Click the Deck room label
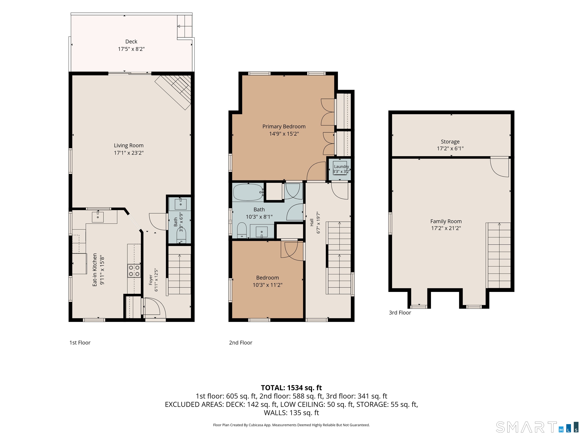131,42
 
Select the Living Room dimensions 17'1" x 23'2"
129,153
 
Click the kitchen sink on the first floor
98,217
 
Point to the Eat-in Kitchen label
95,270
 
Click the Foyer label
151,280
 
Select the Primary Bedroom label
284,127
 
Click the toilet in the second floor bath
242,230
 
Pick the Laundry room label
341,167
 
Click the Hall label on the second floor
312,222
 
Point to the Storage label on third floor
450,142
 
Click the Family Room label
446,222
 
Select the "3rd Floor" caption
400,313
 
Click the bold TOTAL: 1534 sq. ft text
291,388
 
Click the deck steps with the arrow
184,26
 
